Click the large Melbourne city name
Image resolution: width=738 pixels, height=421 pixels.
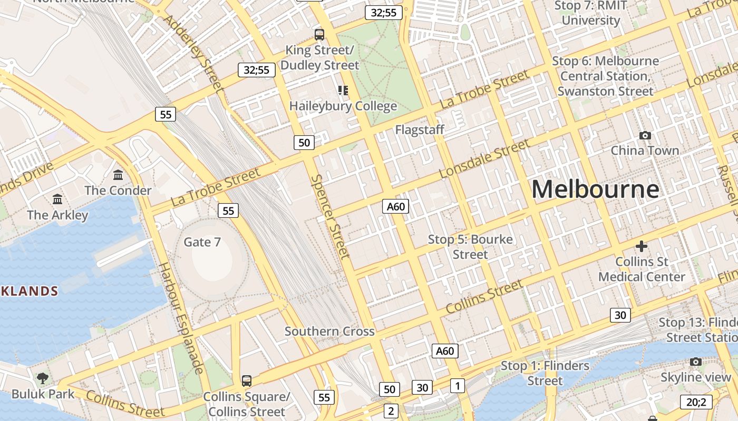tap(595, 189)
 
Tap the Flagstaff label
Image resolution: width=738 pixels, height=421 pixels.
tap(420, 129)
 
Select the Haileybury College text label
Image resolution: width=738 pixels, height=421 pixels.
tap(343, 106)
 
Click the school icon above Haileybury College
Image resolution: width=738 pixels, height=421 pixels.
tap(343, 91)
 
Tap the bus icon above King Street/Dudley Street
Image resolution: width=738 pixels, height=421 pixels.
tap(319, 35)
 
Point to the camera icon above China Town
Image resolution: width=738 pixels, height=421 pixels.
tap(645, 135)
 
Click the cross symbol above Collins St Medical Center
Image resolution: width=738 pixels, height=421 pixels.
tap(641, 246)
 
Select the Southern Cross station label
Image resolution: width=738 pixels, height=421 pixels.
tap(329, 331)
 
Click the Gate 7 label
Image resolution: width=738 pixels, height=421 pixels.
tap(202, 242)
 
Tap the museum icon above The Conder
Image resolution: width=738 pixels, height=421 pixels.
tap(118, 175)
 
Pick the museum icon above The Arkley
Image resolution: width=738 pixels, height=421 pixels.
tap(57, 199)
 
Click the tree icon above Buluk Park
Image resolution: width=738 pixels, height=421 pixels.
tap(43, 378)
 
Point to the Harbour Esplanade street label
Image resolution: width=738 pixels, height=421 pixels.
tap(180, 318)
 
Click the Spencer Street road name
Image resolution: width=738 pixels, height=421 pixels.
tap(330, 216)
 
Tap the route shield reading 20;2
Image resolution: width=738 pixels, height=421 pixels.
tap(696, 402)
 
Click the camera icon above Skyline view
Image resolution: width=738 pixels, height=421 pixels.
tap(696, 362)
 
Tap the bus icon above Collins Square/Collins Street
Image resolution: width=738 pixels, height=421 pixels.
tap(246, 380)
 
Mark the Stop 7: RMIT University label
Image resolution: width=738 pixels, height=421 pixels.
tap(591, 13)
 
